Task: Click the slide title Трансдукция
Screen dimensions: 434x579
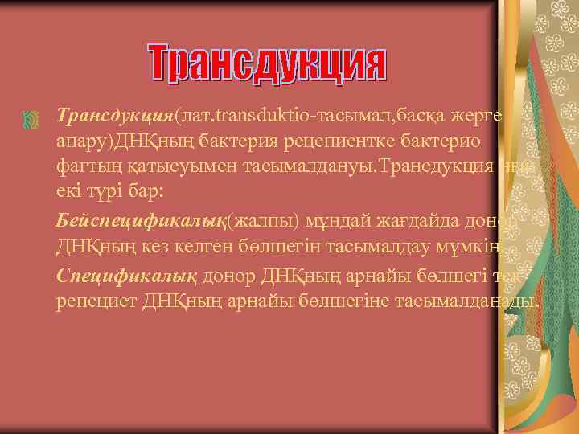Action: tap(268, 64)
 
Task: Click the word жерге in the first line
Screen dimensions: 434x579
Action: tap(481, 117)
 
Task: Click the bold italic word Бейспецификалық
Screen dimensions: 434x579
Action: tap(142, 221)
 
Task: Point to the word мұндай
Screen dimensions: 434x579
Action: tap(314, 221)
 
